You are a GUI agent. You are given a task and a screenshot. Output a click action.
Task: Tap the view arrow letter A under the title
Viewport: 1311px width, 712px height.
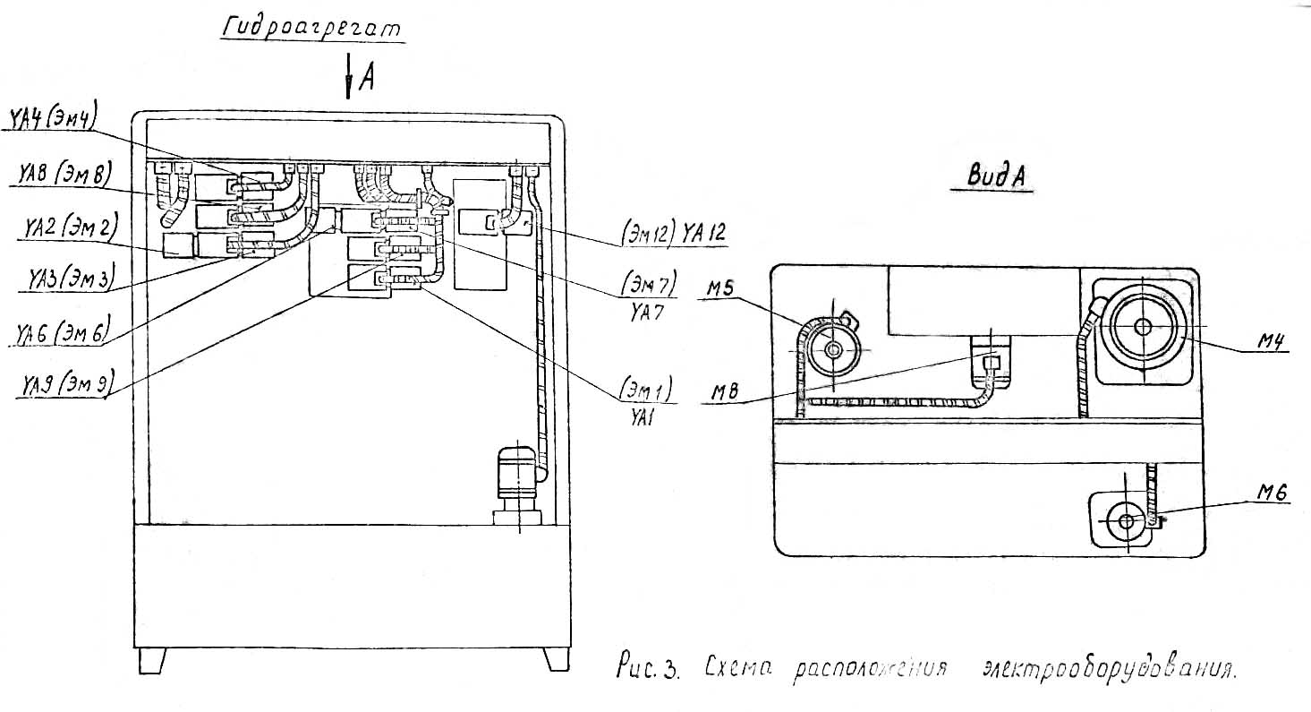click(x=366, y=81)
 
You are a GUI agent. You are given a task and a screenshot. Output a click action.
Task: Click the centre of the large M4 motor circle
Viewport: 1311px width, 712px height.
click(x=1143, y=327)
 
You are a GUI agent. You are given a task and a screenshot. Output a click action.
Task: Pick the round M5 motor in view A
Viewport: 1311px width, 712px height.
click(x=833, y=351)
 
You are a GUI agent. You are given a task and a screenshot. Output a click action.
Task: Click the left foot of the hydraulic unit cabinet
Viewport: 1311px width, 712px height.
click(x=152, y=660)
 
